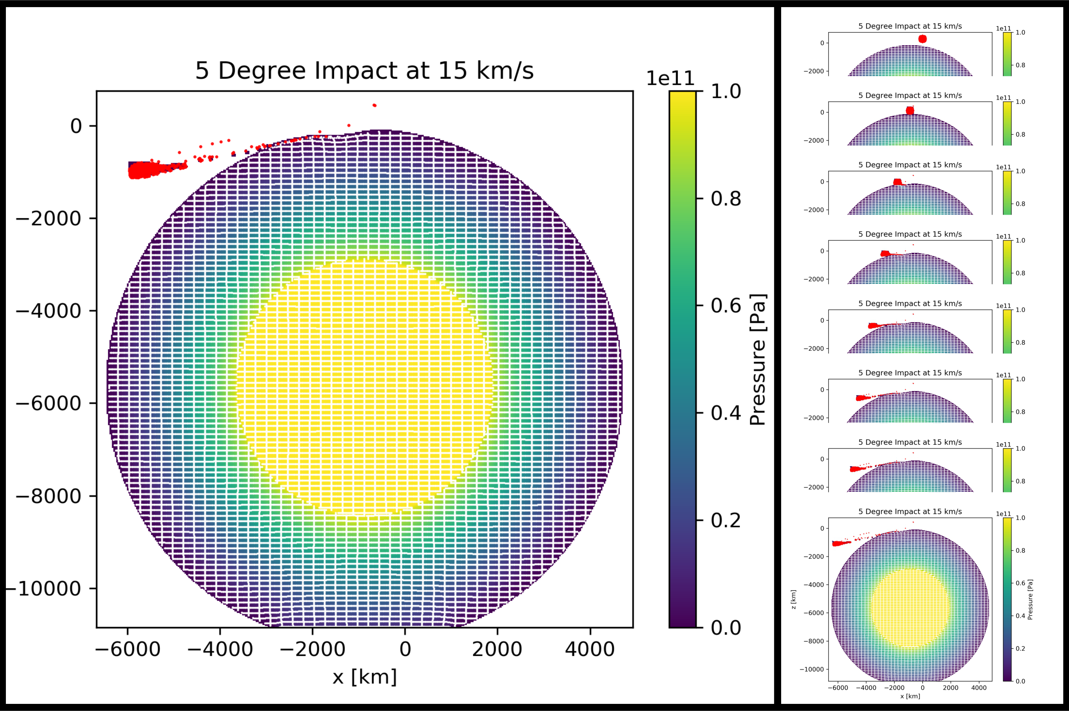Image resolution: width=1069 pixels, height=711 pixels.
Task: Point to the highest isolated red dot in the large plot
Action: [374, 105]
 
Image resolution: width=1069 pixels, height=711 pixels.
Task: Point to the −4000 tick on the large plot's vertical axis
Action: [49, 311]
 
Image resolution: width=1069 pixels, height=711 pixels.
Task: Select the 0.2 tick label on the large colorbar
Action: [725, 520]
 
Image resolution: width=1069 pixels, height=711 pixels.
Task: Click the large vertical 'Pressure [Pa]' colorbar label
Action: [758, 359]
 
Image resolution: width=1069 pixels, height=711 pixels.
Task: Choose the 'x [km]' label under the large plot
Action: [364, 677]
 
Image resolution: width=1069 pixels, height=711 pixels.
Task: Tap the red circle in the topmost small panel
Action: [922, 39]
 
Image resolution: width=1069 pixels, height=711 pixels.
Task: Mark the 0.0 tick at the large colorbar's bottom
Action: [725, 628]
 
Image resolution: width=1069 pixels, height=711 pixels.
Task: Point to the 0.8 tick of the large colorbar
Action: [725, 198]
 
